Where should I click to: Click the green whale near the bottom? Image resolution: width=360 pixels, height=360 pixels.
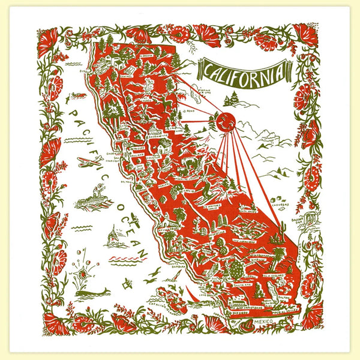pos(97,293)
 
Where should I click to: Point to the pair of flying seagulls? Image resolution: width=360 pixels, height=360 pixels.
pos(152,274)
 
